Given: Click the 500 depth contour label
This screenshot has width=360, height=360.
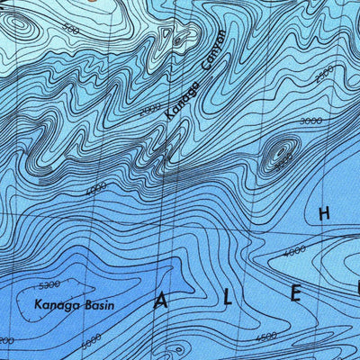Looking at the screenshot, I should (72, 31).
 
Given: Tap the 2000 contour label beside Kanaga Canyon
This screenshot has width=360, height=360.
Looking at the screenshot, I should (151, 109).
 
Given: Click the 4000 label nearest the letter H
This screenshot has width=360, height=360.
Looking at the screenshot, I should (294, 250).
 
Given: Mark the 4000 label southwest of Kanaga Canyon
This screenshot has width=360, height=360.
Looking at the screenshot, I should (96, 189).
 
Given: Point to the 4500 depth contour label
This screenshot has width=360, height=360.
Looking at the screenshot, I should (265, 337).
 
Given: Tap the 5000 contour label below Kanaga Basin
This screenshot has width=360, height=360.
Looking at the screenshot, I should (91, 341).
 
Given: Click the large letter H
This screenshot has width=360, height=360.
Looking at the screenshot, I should (324, 213).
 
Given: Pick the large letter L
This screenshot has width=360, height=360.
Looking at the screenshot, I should (229, 296).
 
